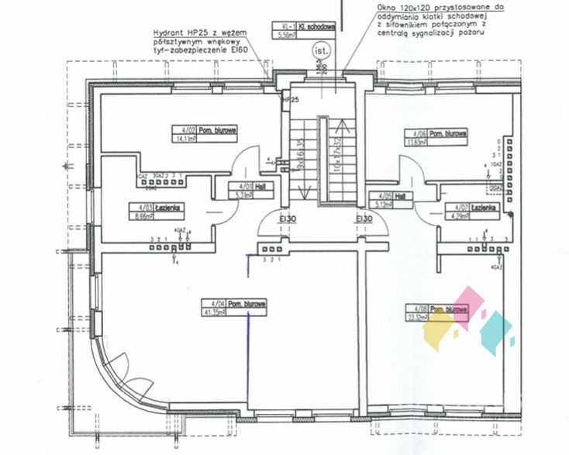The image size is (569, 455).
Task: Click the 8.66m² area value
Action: [x=143, y=218]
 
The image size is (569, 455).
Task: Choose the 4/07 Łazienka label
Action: [x=465, y=209]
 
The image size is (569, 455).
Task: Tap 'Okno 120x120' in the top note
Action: [x=402, y=6]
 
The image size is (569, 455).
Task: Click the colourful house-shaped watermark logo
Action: [x=469, y=320]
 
